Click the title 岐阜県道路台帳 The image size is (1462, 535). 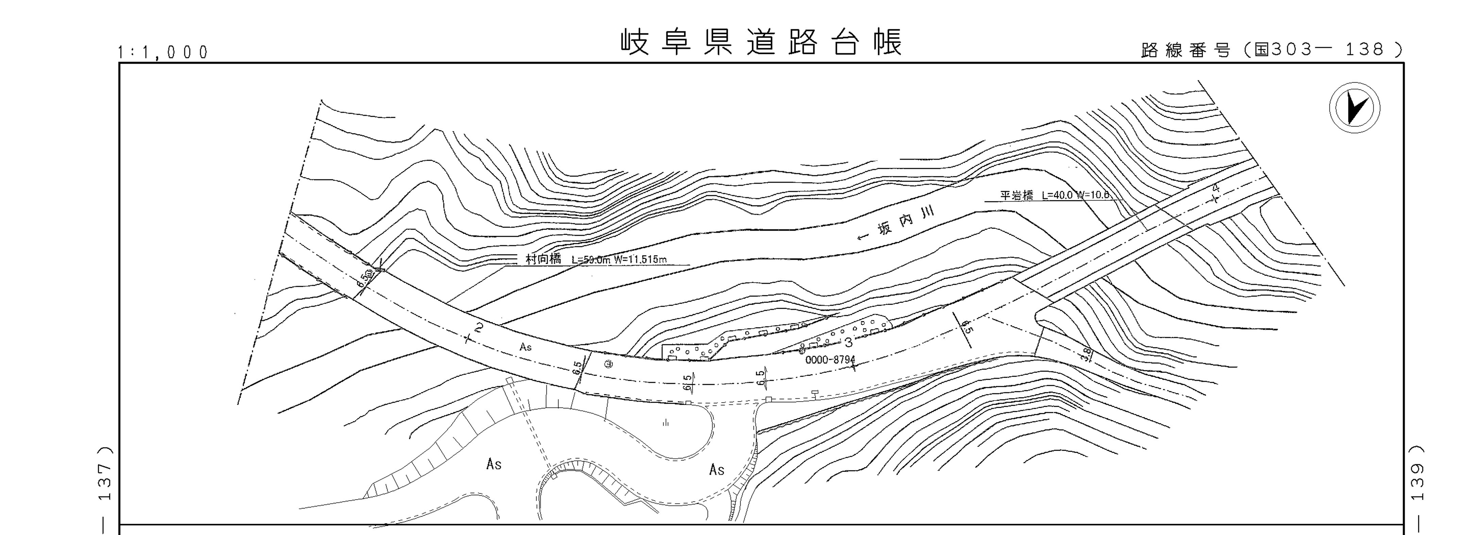[x=760, y=43]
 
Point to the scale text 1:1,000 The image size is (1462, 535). [x=163, y=53]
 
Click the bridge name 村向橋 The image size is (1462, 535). [x=543, y=259]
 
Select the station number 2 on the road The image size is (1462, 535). [x=480, y=327]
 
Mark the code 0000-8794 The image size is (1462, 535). [x=830, y=359]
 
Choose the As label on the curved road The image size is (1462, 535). [x=525, y=346]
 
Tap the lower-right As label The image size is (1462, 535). [x=717, y=470]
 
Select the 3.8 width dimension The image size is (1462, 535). [x=1086, y=354]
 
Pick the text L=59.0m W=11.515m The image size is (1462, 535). [x=619, y=260]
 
